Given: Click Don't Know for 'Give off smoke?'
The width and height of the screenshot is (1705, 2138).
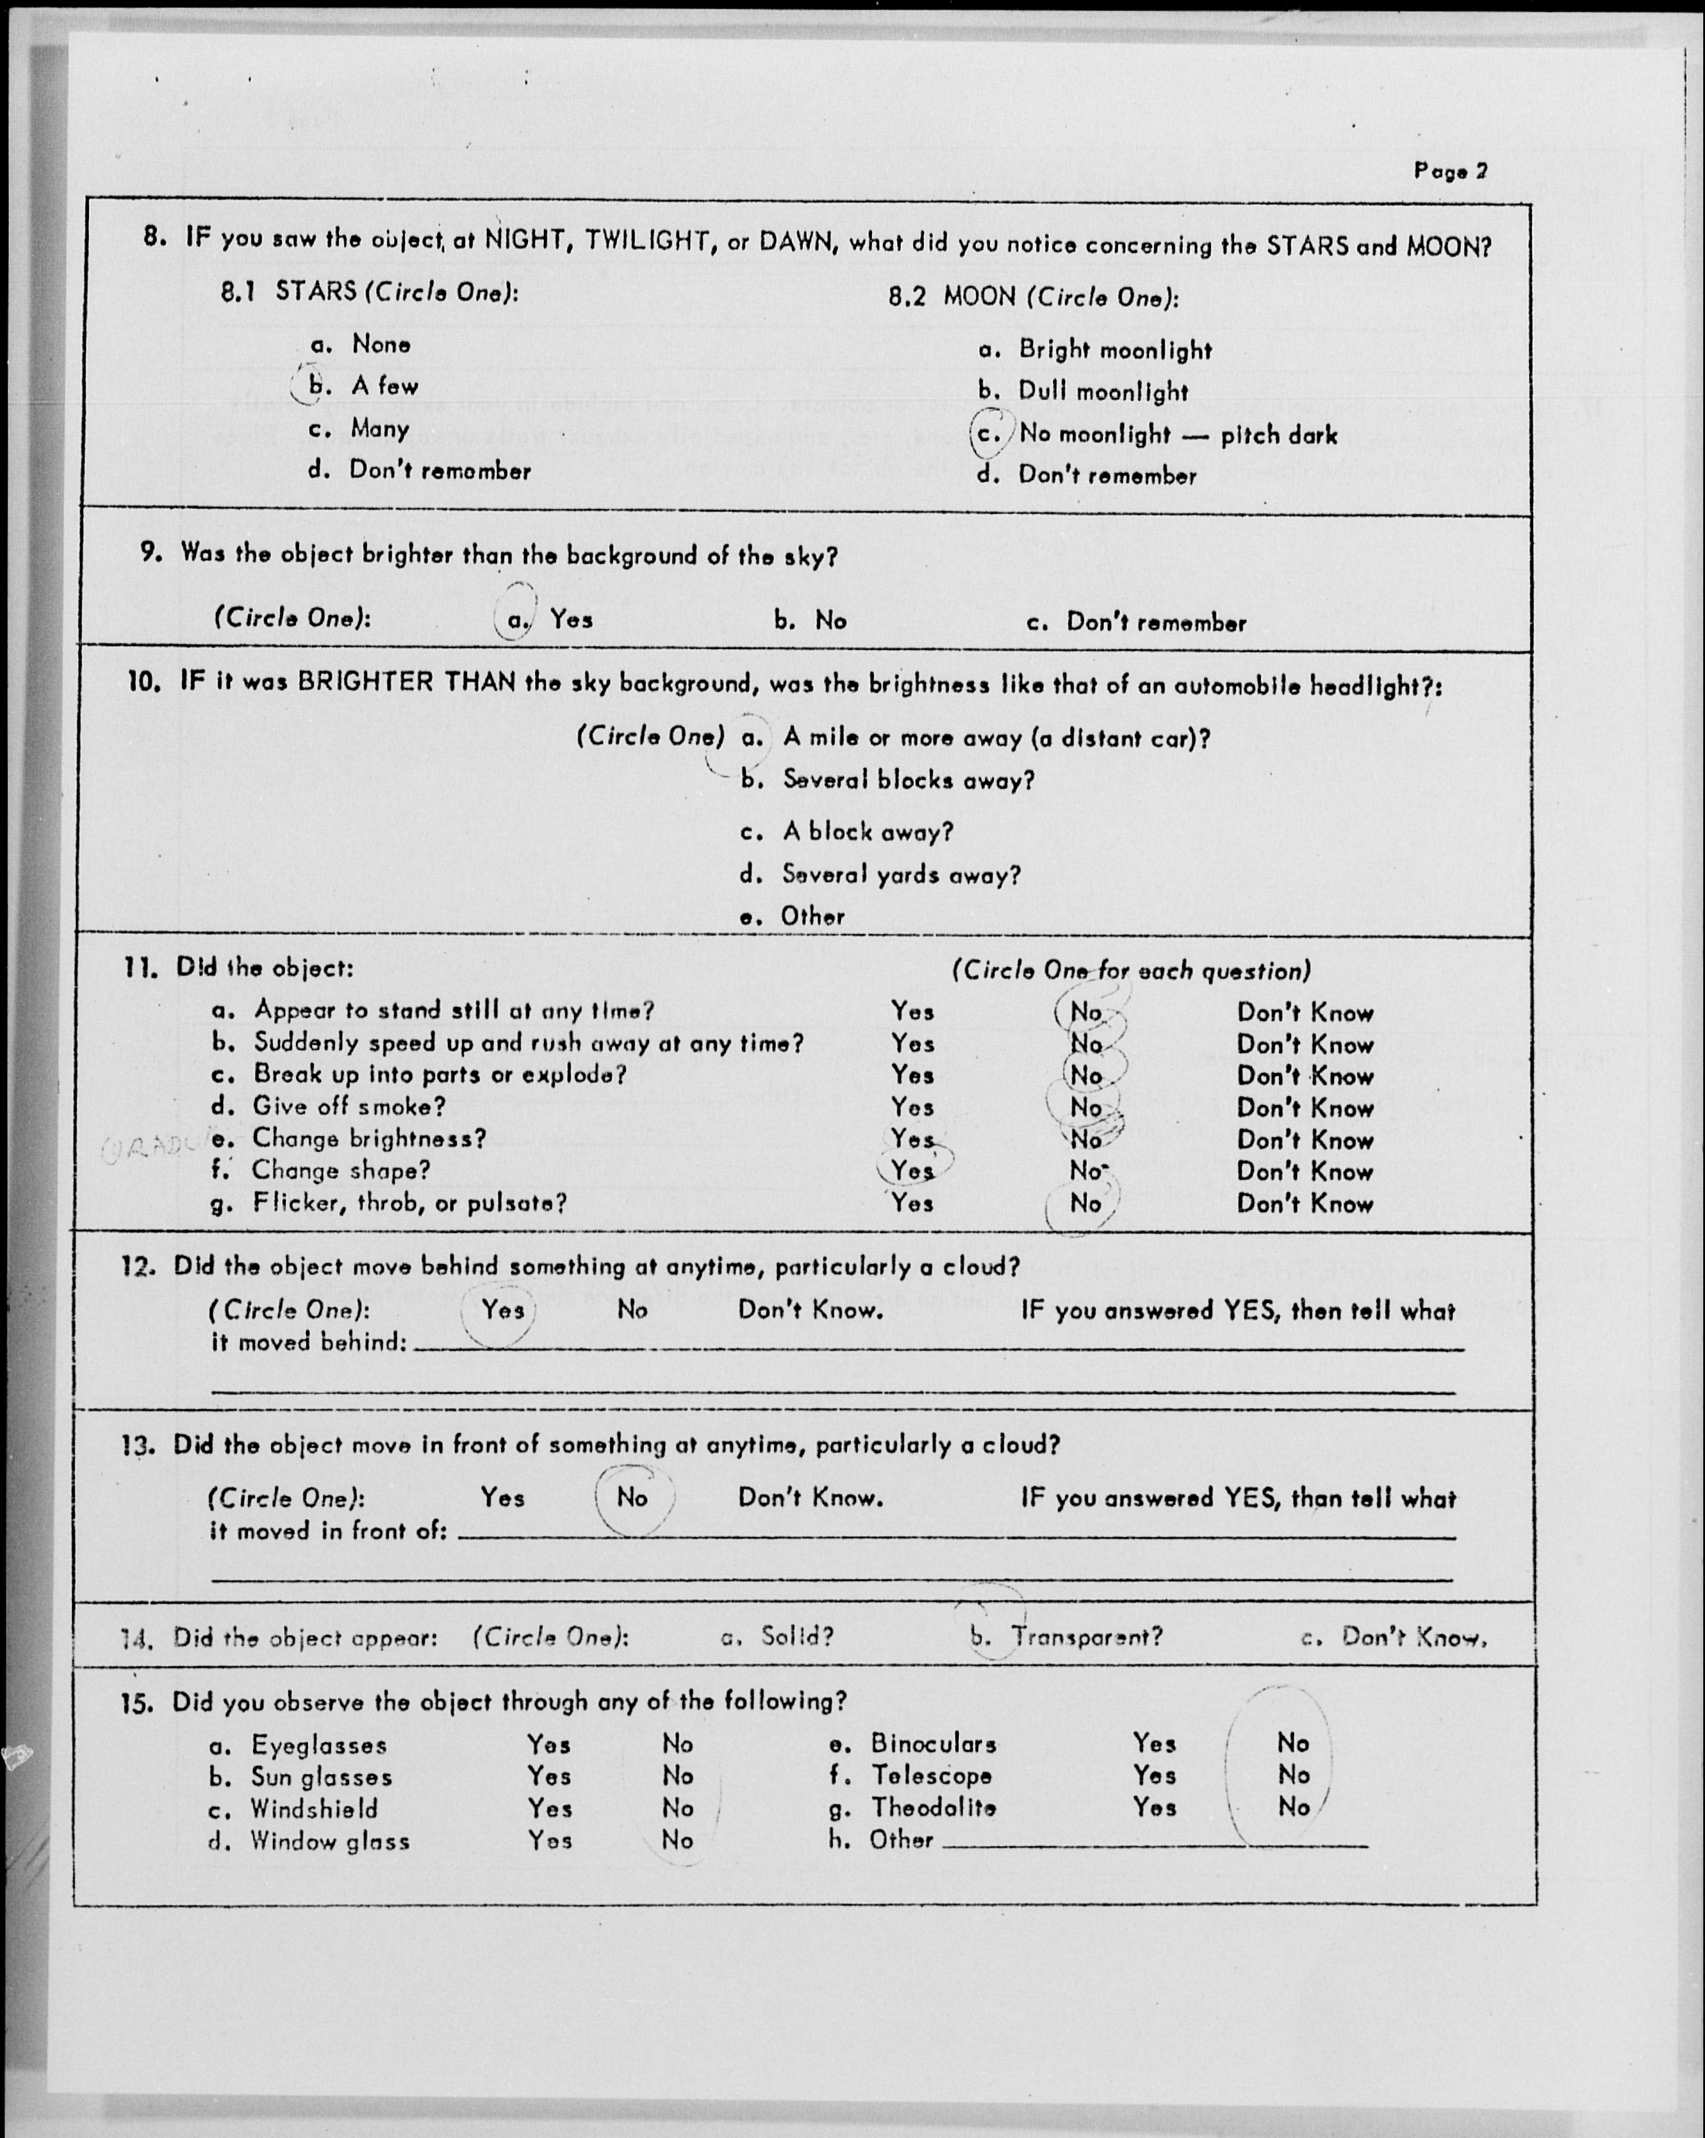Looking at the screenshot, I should tap(1304, 1108).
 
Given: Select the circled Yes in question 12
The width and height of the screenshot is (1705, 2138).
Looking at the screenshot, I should tap(503, 1310).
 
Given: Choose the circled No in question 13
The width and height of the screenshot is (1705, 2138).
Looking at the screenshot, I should tap(632, 1497).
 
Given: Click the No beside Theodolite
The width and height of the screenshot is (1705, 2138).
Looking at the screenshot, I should tap(1294, 1807).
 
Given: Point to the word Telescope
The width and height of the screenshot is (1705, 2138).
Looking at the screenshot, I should tap(932, 1775).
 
